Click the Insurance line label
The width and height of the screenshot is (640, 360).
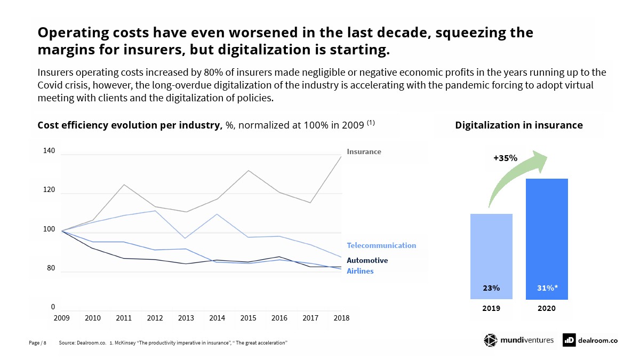click(x=364, y=151)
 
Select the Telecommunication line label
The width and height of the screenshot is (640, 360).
click(x=381, y=245)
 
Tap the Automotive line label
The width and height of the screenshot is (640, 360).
click(x=367, y=260)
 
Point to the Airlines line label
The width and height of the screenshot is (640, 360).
click(x=360, y=271)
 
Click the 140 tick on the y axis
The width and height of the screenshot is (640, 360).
click(x=49, y=151)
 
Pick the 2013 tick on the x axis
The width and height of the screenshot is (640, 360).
click(x=186, y=318)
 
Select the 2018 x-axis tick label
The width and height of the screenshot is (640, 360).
click(x=341, y=318)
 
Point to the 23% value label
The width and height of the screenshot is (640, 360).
click(x=491, y=288)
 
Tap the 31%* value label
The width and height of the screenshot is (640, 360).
click(x=547, y=288)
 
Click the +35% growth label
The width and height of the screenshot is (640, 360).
click(x=505, y=158)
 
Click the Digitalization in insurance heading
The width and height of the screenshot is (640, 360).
click(x=518, y=125)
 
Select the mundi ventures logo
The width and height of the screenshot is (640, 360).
click(x=518, y=340)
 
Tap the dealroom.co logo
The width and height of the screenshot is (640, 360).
click(x=590, y=340)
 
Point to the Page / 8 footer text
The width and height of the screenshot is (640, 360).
click(x=37, y=342)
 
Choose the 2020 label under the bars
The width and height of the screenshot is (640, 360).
click(x=547, y=308)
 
